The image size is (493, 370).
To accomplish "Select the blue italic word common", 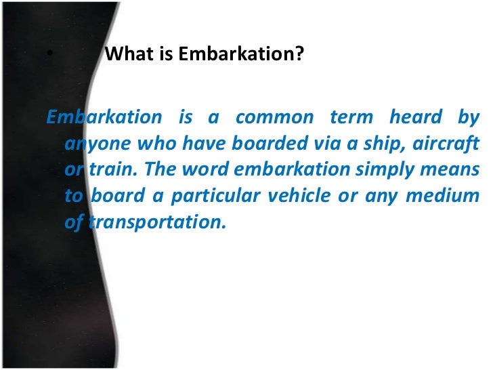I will coord(275,117).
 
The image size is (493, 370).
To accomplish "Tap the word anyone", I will coord(89,144).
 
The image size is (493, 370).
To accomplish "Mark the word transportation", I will coord(155,222).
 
